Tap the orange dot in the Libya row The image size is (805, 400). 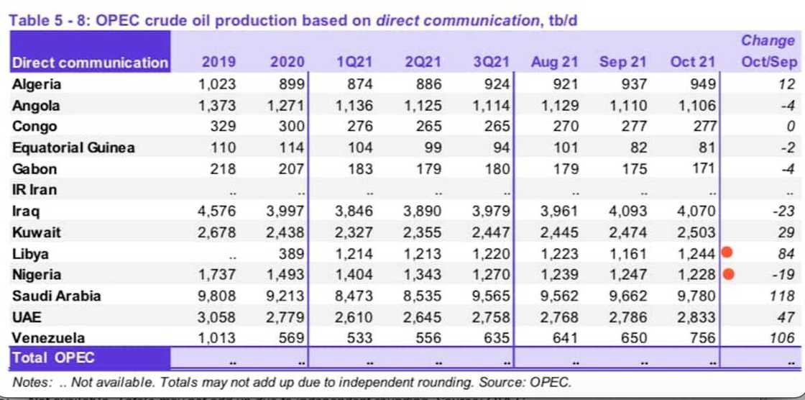pyautogui.click(x=729, y=253)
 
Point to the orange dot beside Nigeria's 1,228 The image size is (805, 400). pyautogui.click(x=729, y=274)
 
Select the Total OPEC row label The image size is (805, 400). pyautogui.click(x=53, y=358)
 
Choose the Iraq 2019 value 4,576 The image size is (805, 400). pyautogui.click(x=217, y=212)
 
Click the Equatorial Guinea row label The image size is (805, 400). pyautogui.click(x=73, y=147)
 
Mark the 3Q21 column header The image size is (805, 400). pyautogui.click(x=491, y=63)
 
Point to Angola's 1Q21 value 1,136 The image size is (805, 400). pyautogui.click(x=355, y=106)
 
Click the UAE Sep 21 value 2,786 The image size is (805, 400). pyautogui.click(x=627, y=317)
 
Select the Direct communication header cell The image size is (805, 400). pyautogui.click(x=90, y=63)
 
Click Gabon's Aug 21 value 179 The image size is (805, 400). pyautogui.click(x=563, y=169)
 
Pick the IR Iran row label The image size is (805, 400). pyautogui.click(x=34, y=190)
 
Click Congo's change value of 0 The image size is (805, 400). pyautogui.click(x=791, y=127)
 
